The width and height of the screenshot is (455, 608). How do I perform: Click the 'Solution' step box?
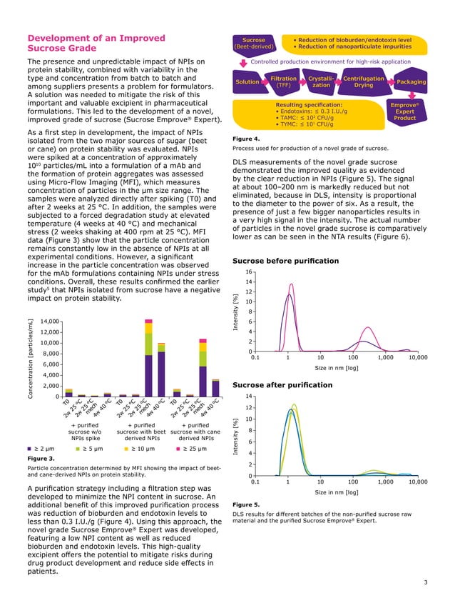pyautogui.click(x=247, y=81)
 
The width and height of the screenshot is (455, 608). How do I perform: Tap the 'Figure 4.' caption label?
pyautogui.click(x=246, y=139)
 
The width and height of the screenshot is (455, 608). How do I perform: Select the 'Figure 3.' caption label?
pyautogui.click(x=41, y=458)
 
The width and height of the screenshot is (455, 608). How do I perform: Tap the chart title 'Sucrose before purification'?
pyautogui.click(x=286, y=261)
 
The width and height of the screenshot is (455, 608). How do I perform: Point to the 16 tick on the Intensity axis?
pyautogui.click(x=249, y=272)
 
